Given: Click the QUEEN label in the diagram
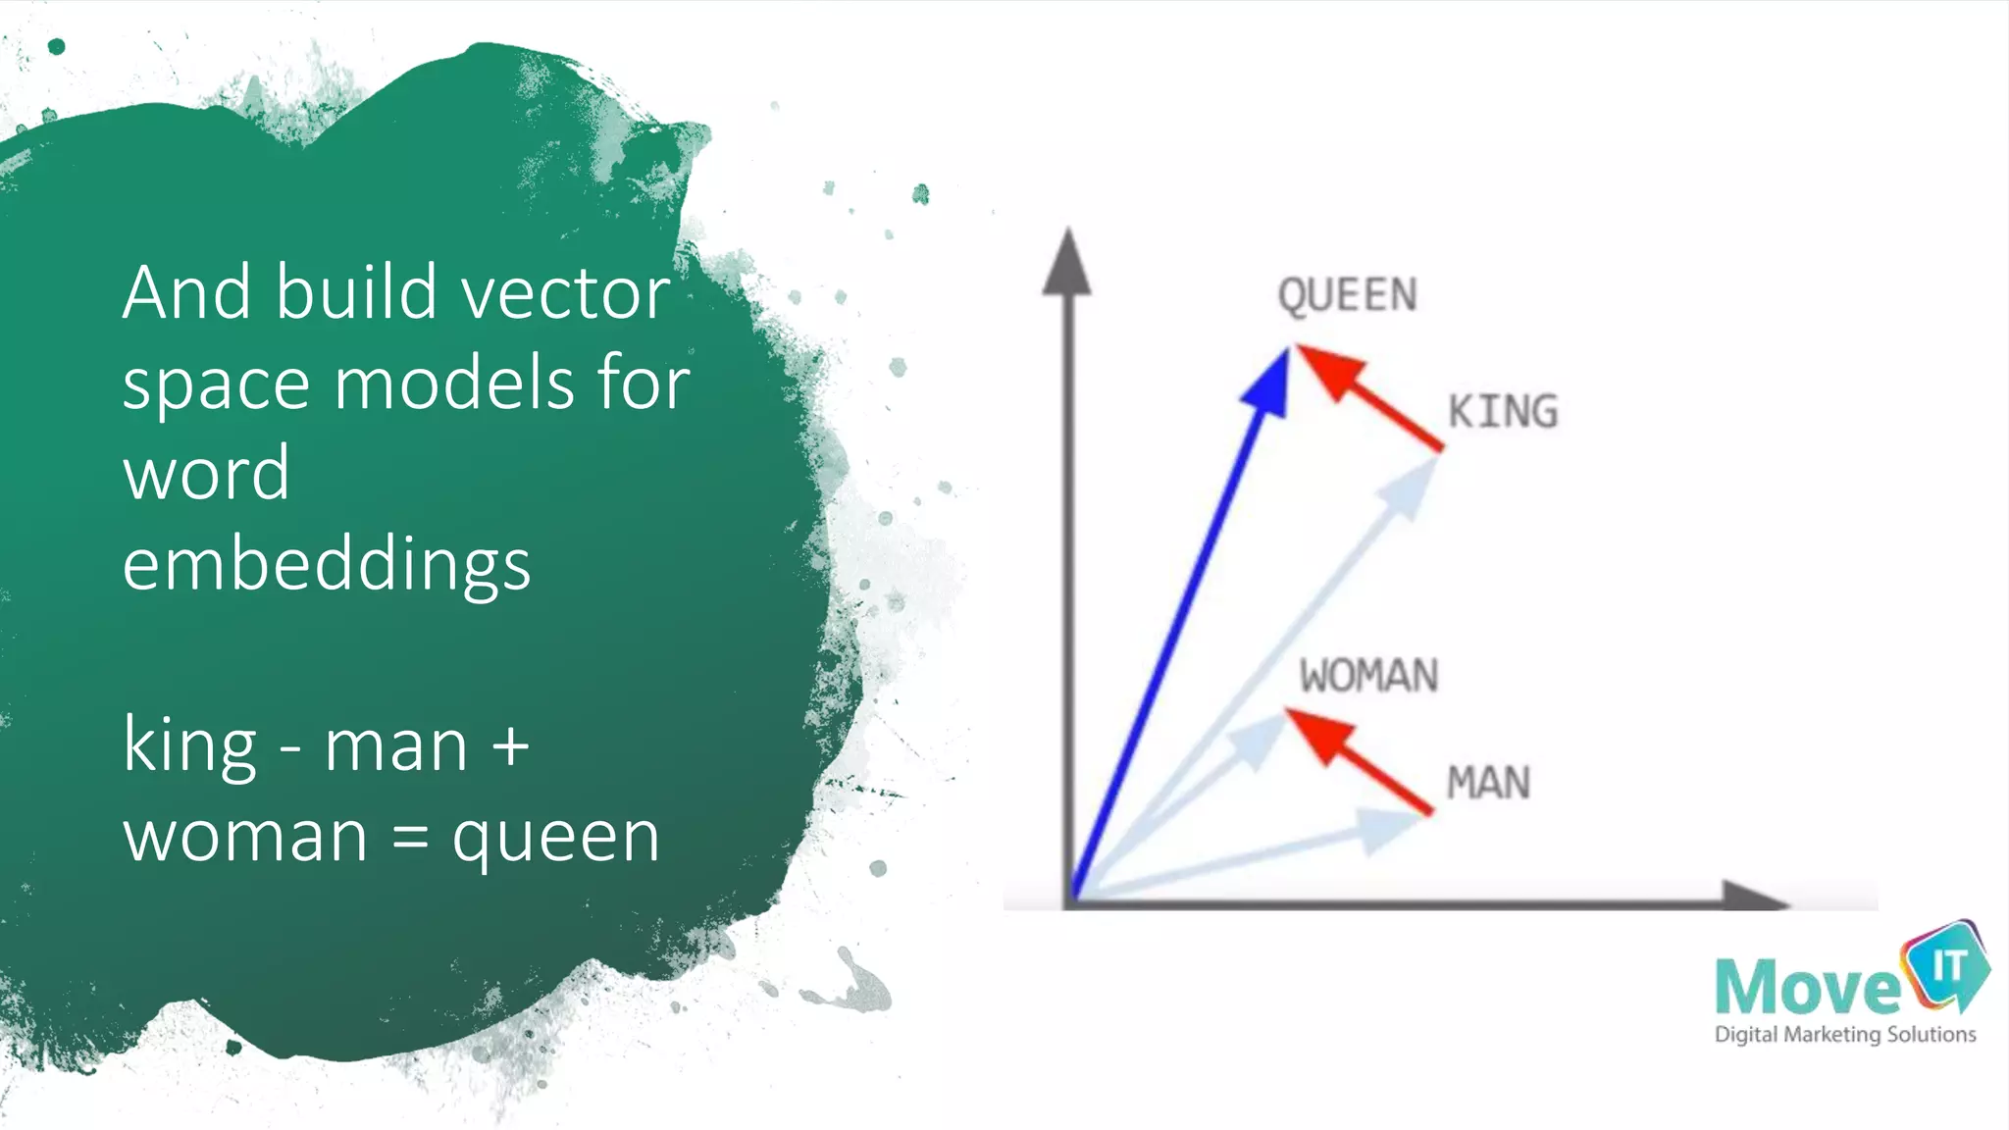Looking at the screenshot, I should coord(1347,295).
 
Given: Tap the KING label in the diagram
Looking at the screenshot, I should coord(1503,412).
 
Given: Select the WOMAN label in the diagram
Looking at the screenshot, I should coord(1368,676).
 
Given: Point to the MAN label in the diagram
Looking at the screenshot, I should coord(1488,783).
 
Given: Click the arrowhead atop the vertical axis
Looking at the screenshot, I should coord(1067,263).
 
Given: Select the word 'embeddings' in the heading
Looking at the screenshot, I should coord(327,565).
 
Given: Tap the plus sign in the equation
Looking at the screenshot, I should coord(511,747).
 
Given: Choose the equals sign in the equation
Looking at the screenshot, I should coord(410,839).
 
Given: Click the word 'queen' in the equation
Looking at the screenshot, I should coord(556,839).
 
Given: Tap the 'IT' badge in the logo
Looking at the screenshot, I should coord(1947,966).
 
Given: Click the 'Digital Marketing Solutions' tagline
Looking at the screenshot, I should coord(1844,1035).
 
